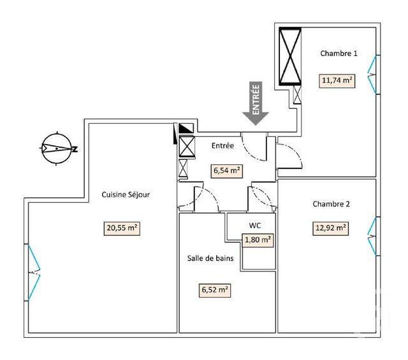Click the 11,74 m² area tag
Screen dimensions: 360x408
pyautogui.click(x=337, y=80)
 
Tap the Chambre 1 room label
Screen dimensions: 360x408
pyautogui.click(x=338, y=54)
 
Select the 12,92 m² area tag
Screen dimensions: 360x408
pyautogui.click(x=330, y=227)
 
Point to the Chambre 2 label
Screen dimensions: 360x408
pyautogui.click(x=331, y=204)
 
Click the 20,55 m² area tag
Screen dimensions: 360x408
pyautogui.click(x=122, y=227)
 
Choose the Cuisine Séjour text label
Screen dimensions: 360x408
pyautogui.click(x=126, y=195)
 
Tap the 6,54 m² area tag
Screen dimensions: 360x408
pyautogui.click(x=226, y=170)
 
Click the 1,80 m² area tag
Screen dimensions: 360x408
pyautogui.click(x=258, y=240)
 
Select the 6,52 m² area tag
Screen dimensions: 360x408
pyautogui.click(x=215, y=290)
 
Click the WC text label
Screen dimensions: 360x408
pyautogui.click(x=254, y=226)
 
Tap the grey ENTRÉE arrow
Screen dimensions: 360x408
pyautogui.click(x=256, y=102)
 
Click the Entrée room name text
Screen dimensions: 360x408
pyautogui.click(x=222, y=146)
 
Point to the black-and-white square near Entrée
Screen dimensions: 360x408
pyautogui.click(x=186, y=128)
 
